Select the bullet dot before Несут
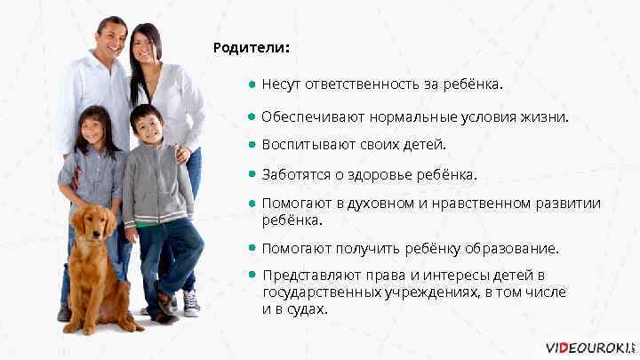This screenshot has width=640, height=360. pyautogui.click(x=253, y=85)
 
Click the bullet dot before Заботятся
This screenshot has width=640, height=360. pyautogui.click(x=253, y=173)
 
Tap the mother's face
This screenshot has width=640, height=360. pyautogui.click(x=147, y=46)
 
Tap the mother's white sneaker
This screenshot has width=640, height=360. pyautogui.click(x=191, y=303)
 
